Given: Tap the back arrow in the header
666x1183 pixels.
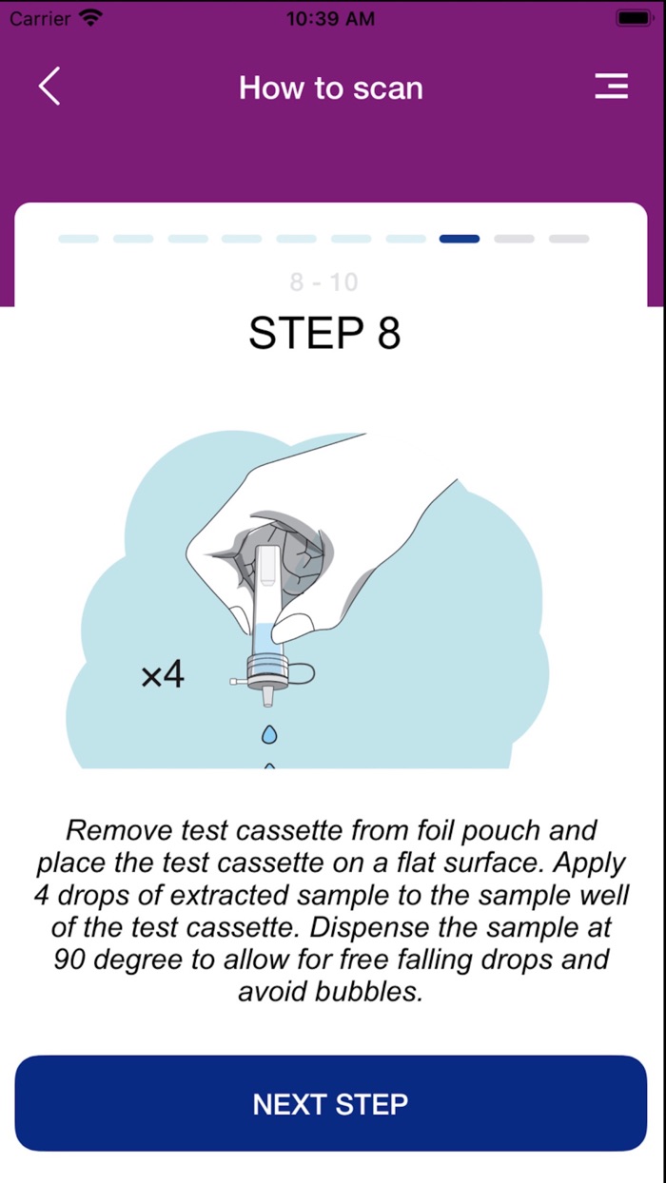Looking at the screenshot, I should (x=49, y=87).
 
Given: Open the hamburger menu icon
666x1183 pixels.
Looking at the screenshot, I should (x=611, y=87).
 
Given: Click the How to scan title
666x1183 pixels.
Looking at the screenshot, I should (x=331, y=87).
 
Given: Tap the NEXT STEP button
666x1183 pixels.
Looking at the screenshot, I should (x=331, y=1103).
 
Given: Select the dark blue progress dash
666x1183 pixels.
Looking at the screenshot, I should (x=460, y=239).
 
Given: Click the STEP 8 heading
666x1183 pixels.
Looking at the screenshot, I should (x=324, y=333).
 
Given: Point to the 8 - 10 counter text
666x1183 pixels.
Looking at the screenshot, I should (x=323, y=281).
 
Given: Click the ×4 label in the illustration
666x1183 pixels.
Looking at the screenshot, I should (x=163, y=675).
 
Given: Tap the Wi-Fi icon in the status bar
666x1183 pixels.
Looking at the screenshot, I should (x=91, y=18).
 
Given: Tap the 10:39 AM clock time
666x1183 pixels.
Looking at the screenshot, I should (x=330, y=18).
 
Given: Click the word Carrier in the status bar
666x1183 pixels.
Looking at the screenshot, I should (x=39, y=18).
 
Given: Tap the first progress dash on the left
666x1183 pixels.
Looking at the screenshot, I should (x=78, y=239).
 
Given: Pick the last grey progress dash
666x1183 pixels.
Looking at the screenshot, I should (x=569, y=239).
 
